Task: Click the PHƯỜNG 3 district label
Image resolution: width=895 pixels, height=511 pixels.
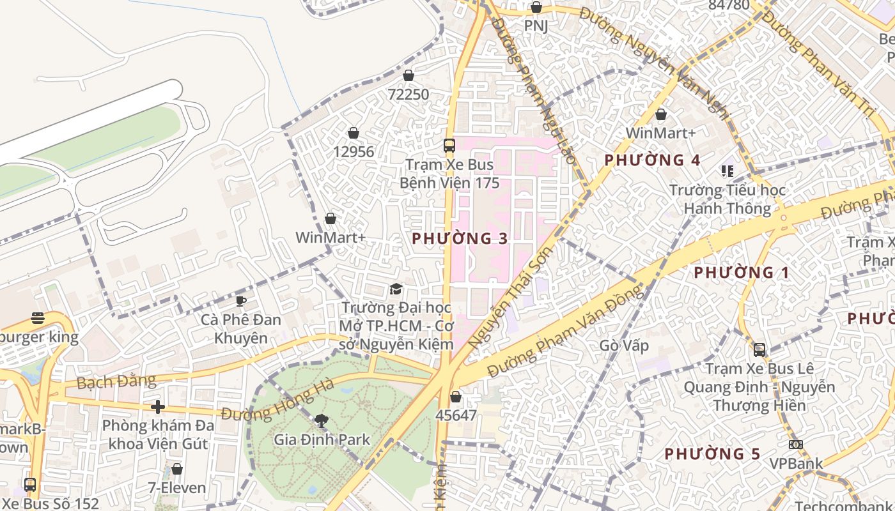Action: [x=460, y=239]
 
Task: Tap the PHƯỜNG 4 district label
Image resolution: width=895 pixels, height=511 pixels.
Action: [x=652, y=160]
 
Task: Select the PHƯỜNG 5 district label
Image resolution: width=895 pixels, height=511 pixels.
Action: [x=712, y=454]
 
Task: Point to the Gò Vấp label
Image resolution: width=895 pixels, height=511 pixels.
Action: [x=624, y=346]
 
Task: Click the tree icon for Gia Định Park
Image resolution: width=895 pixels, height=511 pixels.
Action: [x=322, y=420]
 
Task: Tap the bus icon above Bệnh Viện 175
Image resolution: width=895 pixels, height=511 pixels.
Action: [x=449, y=146]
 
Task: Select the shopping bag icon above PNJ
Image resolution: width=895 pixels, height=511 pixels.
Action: [x=536, y=8]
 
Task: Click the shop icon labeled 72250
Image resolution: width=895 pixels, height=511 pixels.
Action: [x=409, y=75]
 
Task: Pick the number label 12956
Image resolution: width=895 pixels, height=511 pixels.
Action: [x=354, y=152]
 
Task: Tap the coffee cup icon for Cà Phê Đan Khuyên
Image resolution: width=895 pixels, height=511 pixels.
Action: [x=241, y=301]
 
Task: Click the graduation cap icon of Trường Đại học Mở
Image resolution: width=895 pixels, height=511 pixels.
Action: [x=396, y=289]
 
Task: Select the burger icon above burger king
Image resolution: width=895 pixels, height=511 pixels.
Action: [x=38, y=318]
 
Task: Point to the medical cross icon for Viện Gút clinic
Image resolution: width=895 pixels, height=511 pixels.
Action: [x=157, y=406]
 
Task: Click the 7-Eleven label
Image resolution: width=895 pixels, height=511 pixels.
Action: [x=177, y=488]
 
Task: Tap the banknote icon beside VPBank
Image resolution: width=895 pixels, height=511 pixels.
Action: [x=795, y=445]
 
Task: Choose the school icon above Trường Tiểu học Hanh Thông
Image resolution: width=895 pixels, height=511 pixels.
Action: [x=727, y=171]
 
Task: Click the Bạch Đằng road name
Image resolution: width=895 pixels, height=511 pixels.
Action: [x=116, y=382]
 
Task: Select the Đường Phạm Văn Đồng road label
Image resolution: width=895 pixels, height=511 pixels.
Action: [x=564, y=332]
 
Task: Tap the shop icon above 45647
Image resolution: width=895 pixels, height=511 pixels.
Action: [x=456, y=397]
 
